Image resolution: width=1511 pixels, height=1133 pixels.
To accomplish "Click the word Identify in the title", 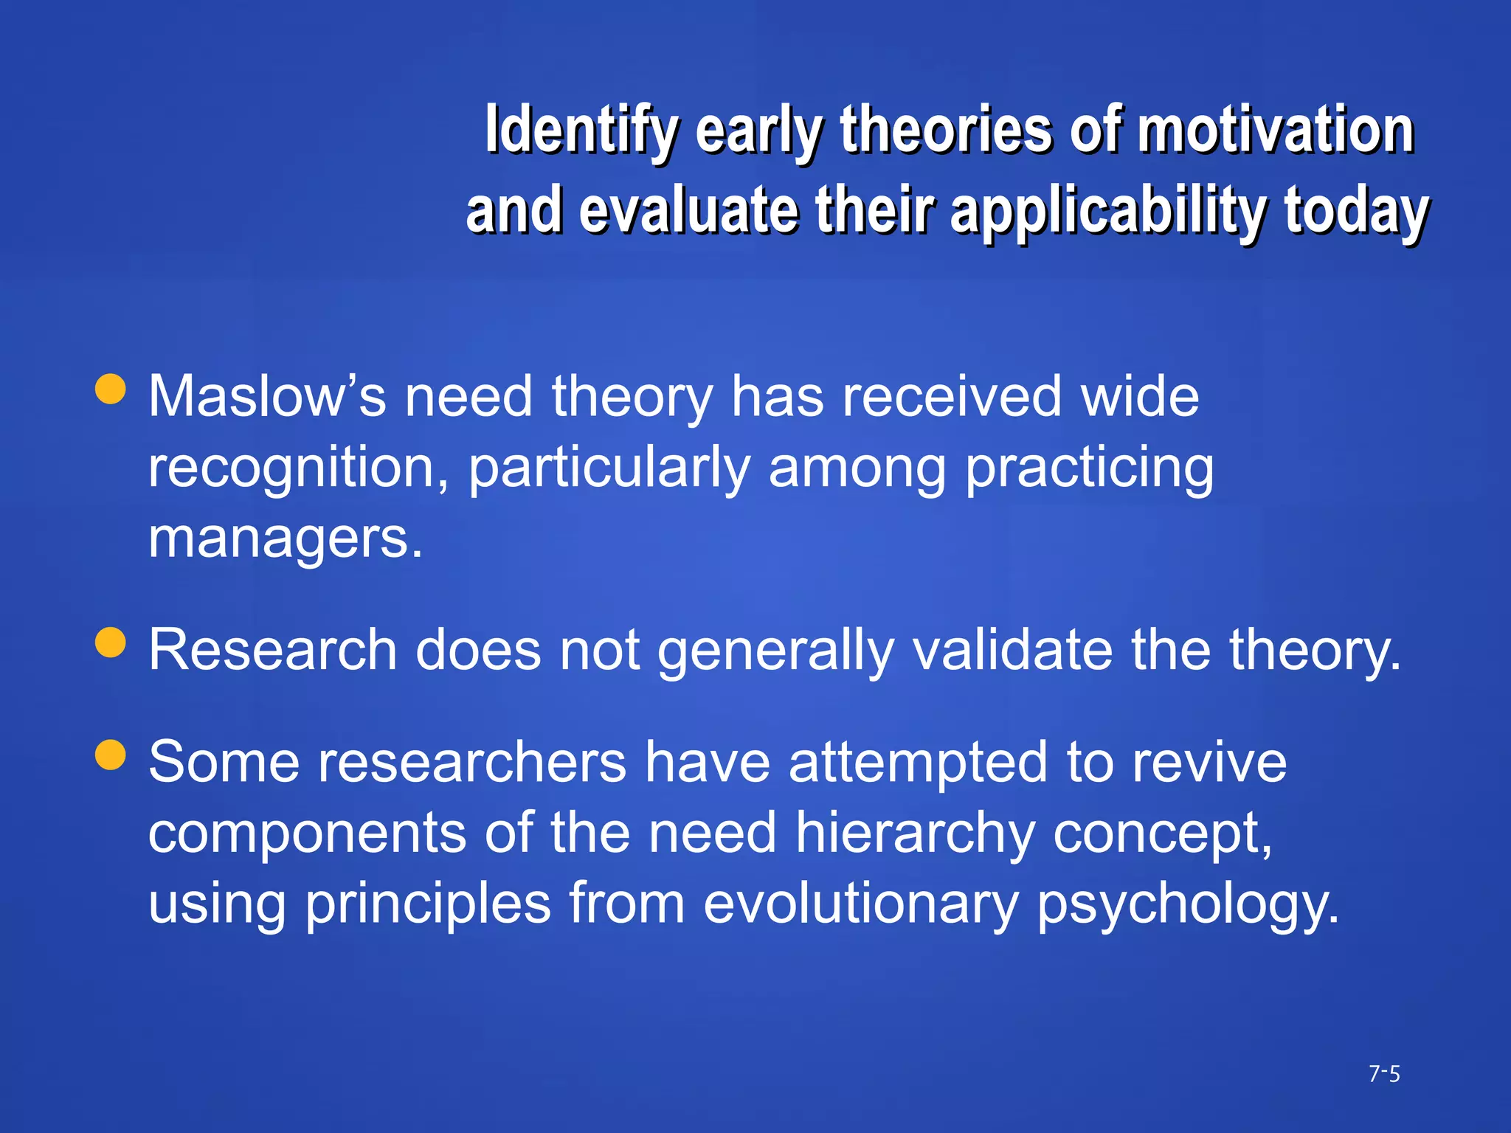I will coord(580,131).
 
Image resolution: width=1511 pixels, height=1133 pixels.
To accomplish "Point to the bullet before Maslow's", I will coord(111,389).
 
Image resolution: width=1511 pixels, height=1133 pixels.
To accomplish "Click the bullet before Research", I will coord(111,642).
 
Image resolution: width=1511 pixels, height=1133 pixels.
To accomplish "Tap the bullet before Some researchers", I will coord(111,755).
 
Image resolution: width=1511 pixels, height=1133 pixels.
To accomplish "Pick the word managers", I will coord(285,538).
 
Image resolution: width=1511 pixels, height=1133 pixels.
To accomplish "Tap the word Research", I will coord(272,650).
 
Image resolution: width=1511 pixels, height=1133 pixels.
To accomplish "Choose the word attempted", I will coord(918,762).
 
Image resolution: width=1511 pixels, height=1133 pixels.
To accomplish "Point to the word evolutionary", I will coord(860,904).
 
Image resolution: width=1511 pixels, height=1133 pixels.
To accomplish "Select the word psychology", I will coord(1187,904).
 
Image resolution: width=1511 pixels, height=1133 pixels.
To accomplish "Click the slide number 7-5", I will coord(1384,1074).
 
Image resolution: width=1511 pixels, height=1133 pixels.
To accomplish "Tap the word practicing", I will coord(1089,468).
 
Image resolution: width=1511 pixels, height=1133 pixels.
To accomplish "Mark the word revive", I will coord(1209,762).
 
